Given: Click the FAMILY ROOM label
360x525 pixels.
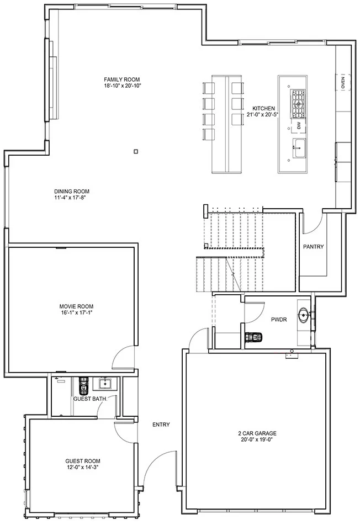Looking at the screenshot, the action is coord(121,79).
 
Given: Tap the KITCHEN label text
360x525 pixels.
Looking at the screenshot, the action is coord(263,109).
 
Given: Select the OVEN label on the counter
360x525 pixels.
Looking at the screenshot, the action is coord(343,82).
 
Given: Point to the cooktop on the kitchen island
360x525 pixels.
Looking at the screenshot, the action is coord(298,104).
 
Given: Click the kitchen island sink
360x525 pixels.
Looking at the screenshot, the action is coord(299,147).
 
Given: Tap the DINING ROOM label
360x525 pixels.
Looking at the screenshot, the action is coord(72,192).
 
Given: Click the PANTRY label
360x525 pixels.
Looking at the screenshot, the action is coord(314,247).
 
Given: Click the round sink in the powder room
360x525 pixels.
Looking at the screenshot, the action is coord(304,315).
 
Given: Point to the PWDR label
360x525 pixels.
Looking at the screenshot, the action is coord(279,320).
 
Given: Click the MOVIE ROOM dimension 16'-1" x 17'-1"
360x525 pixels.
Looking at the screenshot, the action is coord(76,312).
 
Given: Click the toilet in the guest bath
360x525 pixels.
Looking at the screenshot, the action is coord(83,386).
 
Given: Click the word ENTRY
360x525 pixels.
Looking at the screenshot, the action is coord(161,425).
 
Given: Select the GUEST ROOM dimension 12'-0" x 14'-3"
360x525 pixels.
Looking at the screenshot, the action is coord(83,467).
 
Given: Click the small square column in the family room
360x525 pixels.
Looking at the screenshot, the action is coord(136,152).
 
